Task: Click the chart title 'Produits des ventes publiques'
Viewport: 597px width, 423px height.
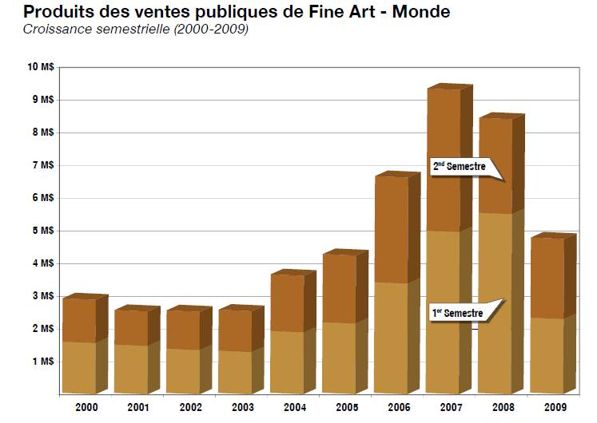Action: coord(225,11)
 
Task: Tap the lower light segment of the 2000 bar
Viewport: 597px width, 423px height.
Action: coord(78,368)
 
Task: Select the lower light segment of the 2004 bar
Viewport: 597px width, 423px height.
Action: coord(287,362)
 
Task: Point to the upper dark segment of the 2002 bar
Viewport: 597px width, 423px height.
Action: coord(183,330)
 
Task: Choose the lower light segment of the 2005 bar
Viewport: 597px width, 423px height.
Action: coord(339,358)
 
